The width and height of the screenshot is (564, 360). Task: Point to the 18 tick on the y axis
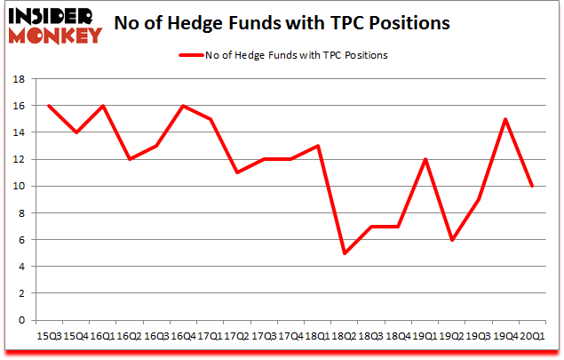coord(20,79)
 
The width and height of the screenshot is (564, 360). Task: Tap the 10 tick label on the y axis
coord(20,187)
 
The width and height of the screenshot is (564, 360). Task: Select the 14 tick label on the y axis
coord(20,132)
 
